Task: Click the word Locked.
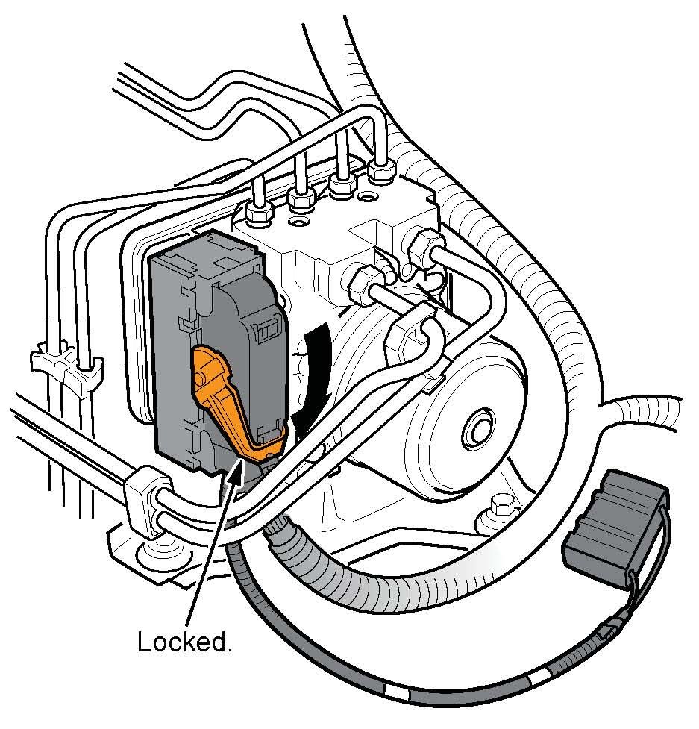pos(184,641)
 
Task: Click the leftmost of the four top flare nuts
pos(258,215)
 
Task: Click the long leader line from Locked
pos(209,552)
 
